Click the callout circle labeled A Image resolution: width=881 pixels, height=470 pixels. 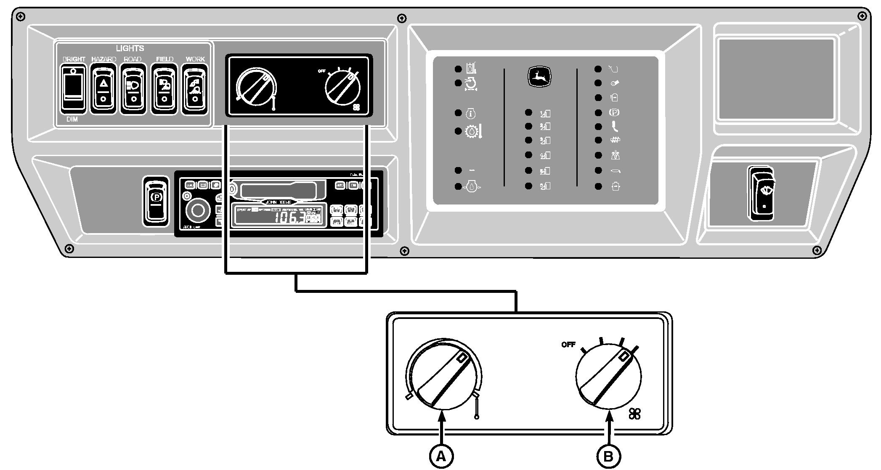pyautogui.click(x=441, y=456)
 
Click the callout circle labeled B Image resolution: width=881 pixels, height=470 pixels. pyautogui.click(x=608, y=456)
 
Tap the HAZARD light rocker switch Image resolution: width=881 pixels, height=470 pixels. pyautogui.click(x=103, y=89)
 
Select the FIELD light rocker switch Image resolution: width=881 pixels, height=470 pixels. pyautogui.click(x=164, y=89)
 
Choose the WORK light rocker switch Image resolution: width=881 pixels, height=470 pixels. pyautogui.click(x=195, y=89)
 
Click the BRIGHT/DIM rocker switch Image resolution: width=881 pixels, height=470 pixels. pyautogui.click(x=74, y=89)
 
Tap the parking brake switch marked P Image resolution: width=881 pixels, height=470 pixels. pyautogui.click(x=157, y=201)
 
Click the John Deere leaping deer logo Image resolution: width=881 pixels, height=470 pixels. pyautogui.click(x=539, y=77)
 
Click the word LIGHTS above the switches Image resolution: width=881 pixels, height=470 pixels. pyautogui.click(x=130, y=48)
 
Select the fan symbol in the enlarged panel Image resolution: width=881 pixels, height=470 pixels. pyautogui.click(x=634, y=414)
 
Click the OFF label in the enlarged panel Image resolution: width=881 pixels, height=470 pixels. pyautogui.click(x=568, y=345)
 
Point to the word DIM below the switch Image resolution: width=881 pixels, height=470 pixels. pyautogui.click(x=72, y=119)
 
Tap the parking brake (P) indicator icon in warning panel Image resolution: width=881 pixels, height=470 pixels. pyautogui.click(x=614, y=113)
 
